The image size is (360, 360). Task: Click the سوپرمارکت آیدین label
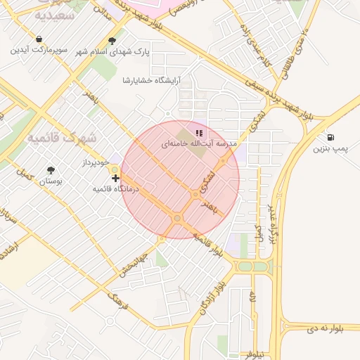39,51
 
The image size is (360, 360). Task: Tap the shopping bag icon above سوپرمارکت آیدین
39,39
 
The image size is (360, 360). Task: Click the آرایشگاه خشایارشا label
151,80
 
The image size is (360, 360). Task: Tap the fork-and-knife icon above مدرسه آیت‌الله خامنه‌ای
199,132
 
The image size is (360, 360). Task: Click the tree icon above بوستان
51,170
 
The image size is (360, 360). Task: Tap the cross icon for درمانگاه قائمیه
115,179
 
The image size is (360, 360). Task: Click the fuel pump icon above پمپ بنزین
330,137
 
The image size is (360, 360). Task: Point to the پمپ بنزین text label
330,148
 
